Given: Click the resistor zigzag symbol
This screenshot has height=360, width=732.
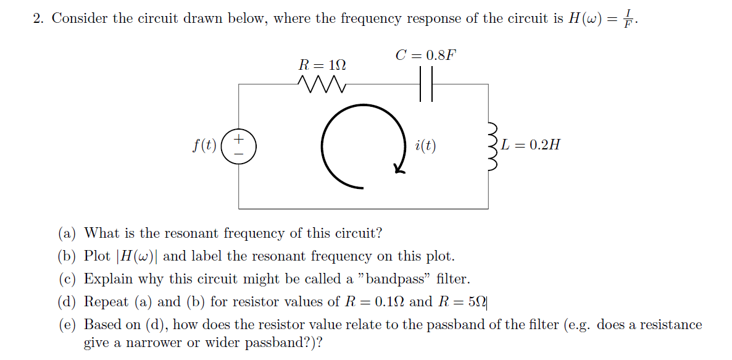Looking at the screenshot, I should click(320, 83).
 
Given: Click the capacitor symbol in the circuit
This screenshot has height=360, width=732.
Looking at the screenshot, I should click(426, 83).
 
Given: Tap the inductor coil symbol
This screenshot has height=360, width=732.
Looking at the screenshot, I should click(493, 146).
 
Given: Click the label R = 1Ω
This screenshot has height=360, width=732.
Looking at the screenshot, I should click(322, 64).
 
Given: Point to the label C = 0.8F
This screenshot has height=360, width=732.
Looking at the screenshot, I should click(426, 55).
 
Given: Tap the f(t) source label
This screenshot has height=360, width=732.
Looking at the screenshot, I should click(204, 146).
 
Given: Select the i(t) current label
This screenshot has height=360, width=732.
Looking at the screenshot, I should click(425, 146).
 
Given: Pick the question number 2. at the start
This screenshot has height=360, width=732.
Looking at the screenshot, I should click(38, 19).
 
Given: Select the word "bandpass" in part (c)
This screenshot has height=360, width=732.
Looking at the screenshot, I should click(398, 279).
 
